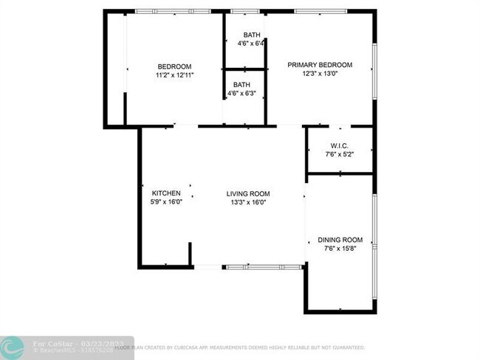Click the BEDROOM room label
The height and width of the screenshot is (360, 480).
[174, 66]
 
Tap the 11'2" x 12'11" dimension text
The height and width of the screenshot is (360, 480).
[174, 75]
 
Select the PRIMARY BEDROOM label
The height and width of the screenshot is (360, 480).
[320, 65]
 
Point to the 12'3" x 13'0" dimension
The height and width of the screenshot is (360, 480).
[320, 73]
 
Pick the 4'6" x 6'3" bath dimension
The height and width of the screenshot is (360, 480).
[243, 94]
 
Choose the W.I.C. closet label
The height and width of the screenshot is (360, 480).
[340, 145]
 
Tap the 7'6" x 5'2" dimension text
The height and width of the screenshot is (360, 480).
[340, 154]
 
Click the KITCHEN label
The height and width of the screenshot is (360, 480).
[166, 193]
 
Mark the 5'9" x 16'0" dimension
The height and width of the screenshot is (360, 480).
[166, 202]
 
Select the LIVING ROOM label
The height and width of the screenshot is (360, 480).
[248, 193]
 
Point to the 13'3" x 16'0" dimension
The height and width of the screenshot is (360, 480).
[248, 202]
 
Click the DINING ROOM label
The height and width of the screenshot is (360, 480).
[340, 240]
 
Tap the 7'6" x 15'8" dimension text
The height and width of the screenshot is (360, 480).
[340, 249]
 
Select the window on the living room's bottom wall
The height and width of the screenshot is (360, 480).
[261, 266]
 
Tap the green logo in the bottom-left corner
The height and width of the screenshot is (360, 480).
[11, 347]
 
